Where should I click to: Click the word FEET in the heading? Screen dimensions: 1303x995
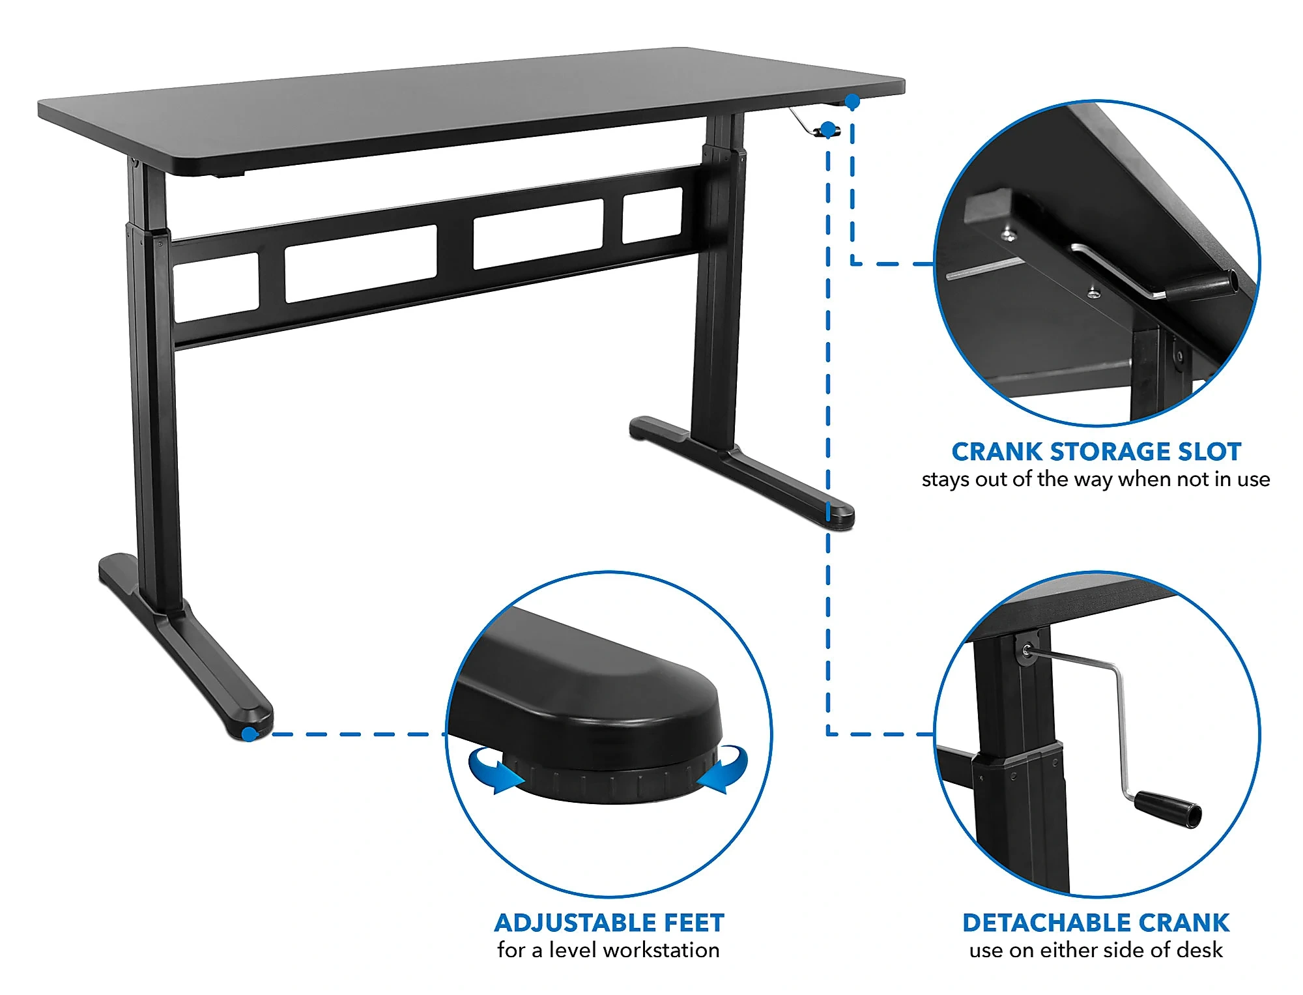tap(694, 923)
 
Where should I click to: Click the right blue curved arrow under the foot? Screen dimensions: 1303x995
tap(723, 769)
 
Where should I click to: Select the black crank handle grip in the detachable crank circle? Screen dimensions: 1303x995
tap(1169, 809)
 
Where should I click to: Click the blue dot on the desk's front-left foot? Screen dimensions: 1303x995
tap(249, 734)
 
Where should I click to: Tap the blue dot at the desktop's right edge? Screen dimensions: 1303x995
tap(852, 102)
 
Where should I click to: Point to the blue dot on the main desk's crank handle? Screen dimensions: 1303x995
tap(827, 130)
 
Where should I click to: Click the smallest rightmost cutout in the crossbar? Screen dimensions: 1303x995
tap(652, 216)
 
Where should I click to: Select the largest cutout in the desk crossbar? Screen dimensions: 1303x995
tap(361, 264)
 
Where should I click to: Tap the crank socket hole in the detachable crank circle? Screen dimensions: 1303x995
tap(1027, 650)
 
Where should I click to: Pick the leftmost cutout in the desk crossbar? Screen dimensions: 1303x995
tap(216, 287)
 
